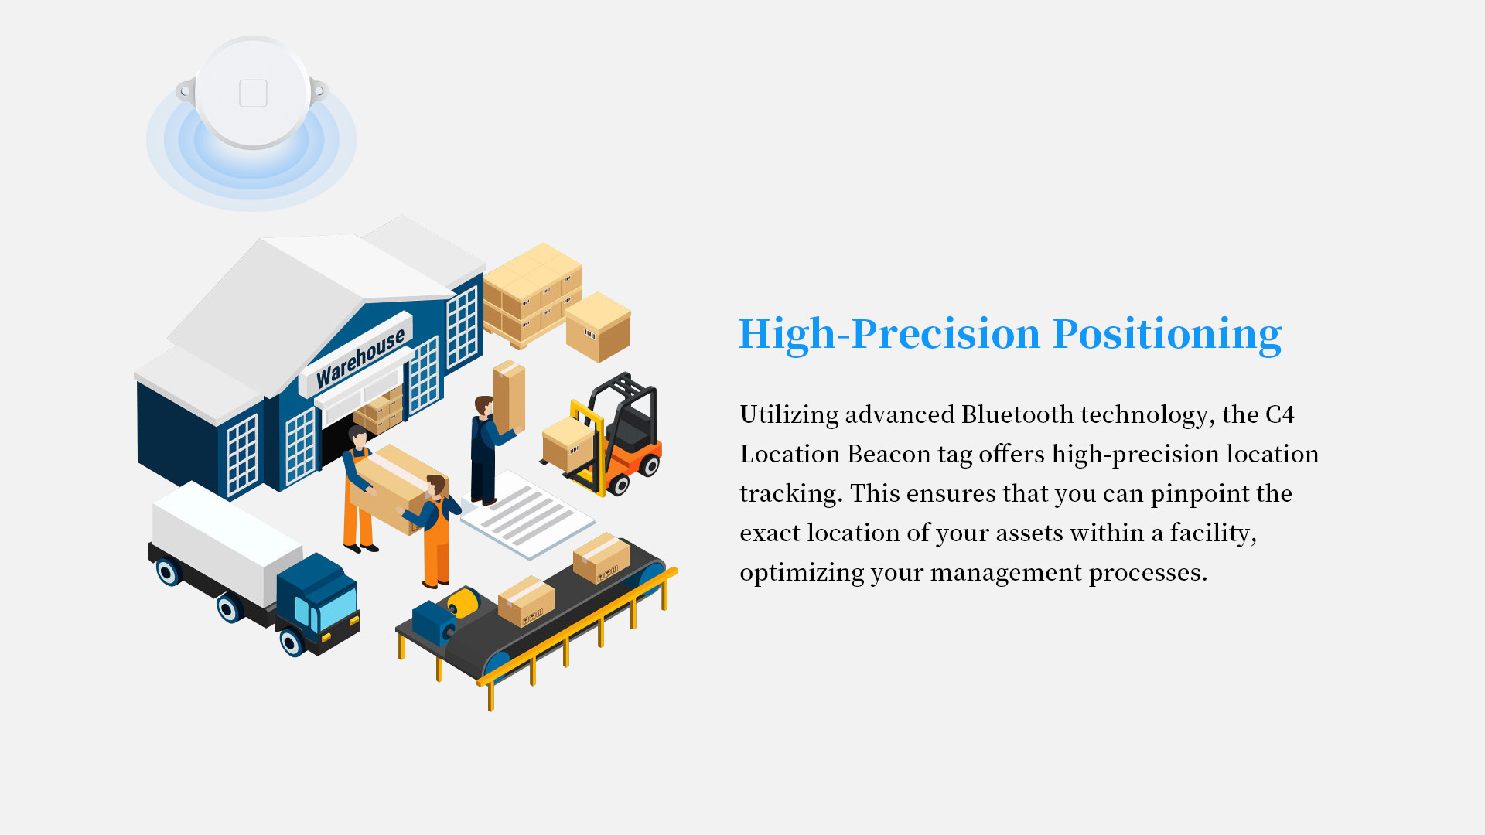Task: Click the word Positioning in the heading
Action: [1167, 334]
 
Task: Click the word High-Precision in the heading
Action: [889, 334]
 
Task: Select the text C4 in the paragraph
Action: [1280, 415]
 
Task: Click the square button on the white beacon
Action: [253, 94]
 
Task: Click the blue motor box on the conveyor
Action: [434, 622]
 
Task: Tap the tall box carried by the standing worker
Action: [509, 397]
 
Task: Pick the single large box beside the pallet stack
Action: [598, 327]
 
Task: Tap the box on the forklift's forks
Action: [568, 445]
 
